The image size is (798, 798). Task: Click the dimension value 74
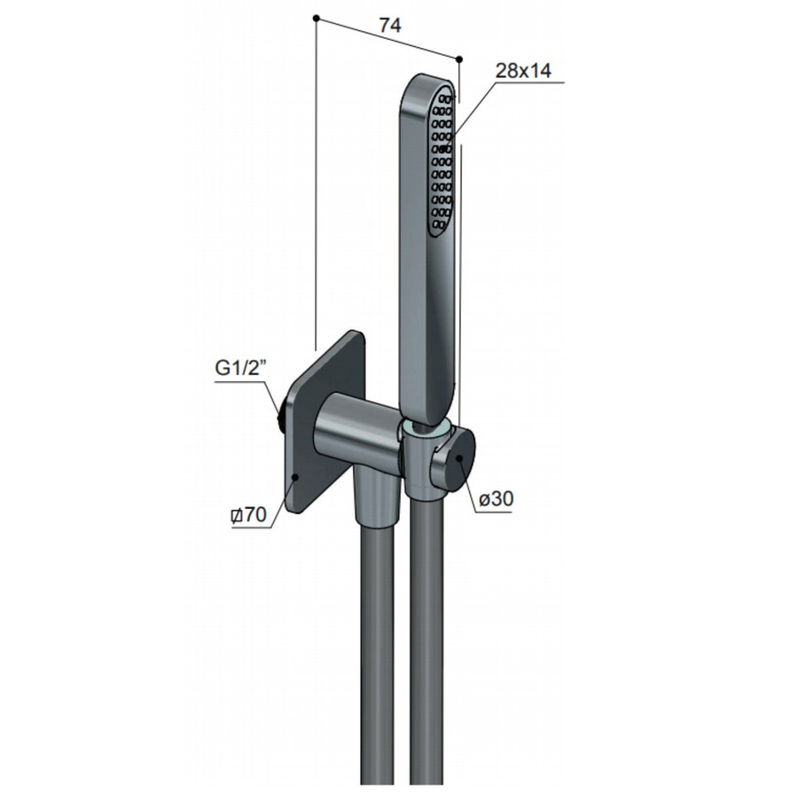click(389, 26)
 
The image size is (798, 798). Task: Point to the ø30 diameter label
click(496, 499)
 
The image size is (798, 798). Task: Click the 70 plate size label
click(250, 515)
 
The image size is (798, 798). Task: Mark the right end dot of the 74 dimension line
click(459, 59)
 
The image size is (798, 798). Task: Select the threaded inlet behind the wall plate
click(281, 413)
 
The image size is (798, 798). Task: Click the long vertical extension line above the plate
click(316, 177)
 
